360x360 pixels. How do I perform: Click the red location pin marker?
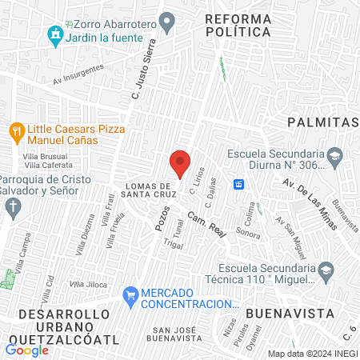point(181,163)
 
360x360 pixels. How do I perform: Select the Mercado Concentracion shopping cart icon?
point(130,294)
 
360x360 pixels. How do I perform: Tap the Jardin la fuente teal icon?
point(54,34)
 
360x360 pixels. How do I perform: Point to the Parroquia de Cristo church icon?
point(12,210)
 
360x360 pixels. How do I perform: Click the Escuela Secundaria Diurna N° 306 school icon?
point(334,154)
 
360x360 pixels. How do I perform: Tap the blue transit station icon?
point(238,185)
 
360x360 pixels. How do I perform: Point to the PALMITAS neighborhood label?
point(322,122)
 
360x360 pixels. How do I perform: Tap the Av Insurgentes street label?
point(78,73)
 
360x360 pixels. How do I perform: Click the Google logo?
point(27,350)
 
